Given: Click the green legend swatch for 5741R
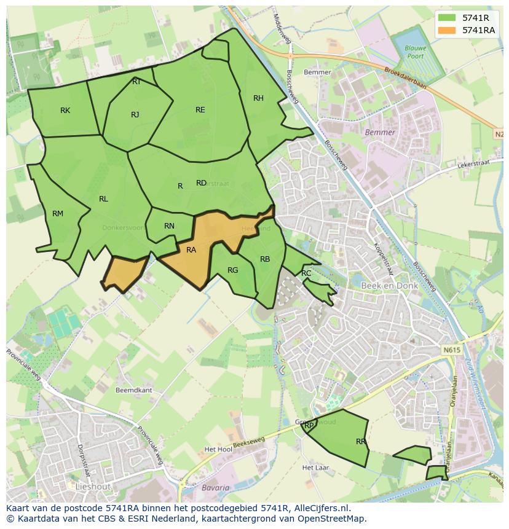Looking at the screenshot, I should [447, 18].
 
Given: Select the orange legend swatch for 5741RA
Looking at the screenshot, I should [447, 30].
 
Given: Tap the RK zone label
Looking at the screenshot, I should [65, 111].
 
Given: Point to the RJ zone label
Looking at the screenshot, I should [135, 115].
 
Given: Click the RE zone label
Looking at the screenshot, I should [200, 110].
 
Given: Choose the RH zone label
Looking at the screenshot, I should [258, 98].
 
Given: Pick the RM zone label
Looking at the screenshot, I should [58, 214].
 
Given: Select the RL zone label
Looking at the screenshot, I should [103, 199].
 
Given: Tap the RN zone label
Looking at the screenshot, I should [170, 226].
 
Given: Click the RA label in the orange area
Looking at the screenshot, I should [191, 250].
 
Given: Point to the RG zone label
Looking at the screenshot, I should [232, 270].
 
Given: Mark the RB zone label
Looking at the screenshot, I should [265, 259].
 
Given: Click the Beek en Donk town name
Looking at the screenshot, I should [390, 286].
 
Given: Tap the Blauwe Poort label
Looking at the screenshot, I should [411, 52].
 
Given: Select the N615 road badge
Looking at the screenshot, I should [451, 350].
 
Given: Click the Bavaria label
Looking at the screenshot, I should [215, 488].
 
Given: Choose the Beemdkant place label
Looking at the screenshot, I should [133, 390].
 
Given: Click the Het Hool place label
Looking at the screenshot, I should [218, 450].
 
